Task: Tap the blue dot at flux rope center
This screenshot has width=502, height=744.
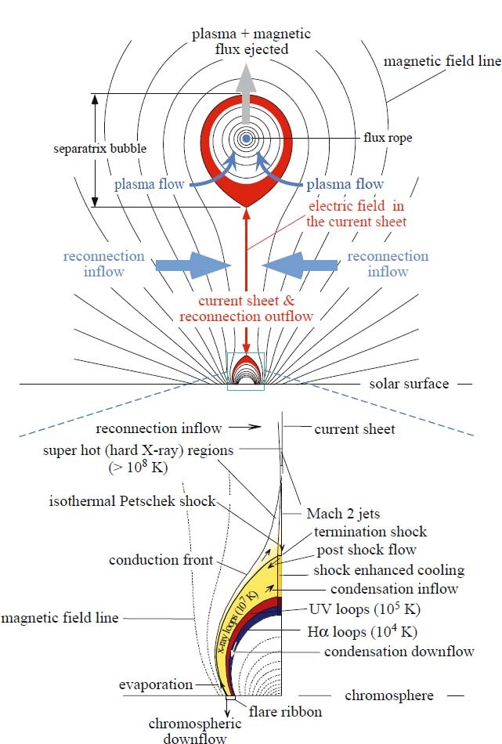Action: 246,139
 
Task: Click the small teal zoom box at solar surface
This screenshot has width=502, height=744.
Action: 247,370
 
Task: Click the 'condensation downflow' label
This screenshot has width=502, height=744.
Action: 399,652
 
